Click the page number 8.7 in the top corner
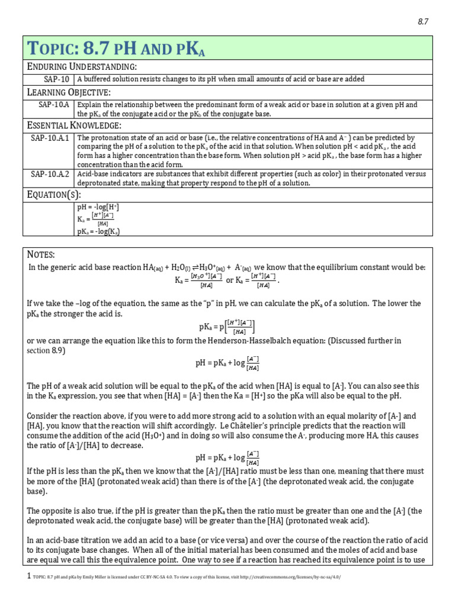point(422,21)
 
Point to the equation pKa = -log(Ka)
point(98,231)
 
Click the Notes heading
point(41,254)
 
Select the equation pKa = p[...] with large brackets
point(227,326)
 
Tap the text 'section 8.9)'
point(47,350)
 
